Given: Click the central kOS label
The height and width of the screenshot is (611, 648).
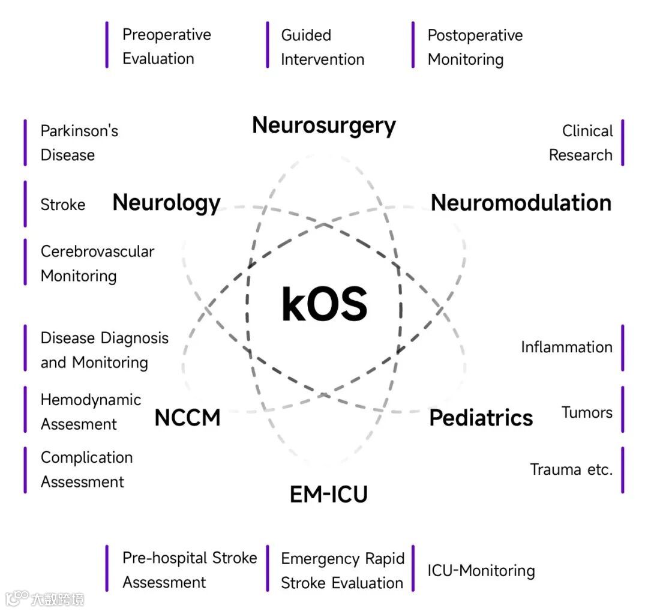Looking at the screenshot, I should coord(324,304).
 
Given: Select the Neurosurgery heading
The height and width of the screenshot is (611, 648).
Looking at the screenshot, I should coord(324,125).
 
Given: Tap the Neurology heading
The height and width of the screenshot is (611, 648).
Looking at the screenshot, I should coord(166,203).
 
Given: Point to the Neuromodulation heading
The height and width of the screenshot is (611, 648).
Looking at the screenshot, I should coord(521,203).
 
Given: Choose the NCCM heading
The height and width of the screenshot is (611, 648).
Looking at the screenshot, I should coord(187,418).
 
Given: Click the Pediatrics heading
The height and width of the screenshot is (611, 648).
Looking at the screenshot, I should coord(481,418).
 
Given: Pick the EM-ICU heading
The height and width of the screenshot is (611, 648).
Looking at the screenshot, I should coord(328,495).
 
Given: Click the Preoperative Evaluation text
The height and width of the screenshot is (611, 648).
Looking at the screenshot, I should coord(166,46).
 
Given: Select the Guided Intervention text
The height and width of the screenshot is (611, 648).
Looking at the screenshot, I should coord(322,47).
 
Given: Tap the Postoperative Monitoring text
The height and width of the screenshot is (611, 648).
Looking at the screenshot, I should coord(475,47).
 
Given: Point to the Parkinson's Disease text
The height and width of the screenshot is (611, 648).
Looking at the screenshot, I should coord(79,143).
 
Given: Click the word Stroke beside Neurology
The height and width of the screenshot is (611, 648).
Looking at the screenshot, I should coord(63,205).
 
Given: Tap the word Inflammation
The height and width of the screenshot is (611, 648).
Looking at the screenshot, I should coord(566,347).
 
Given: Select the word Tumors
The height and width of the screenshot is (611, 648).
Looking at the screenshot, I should coord(587,412).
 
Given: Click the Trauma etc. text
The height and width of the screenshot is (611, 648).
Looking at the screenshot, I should coord(571,469).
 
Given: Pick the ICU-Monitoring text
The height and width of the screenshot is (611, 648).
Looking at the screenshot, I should coord(481,570).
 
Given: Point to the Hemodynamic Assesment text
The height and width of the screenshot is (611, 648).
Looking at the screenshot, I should coord(91,412).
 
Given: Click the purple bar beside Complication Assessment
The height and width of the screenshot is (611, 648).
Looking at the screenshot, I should coord(25,469).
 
